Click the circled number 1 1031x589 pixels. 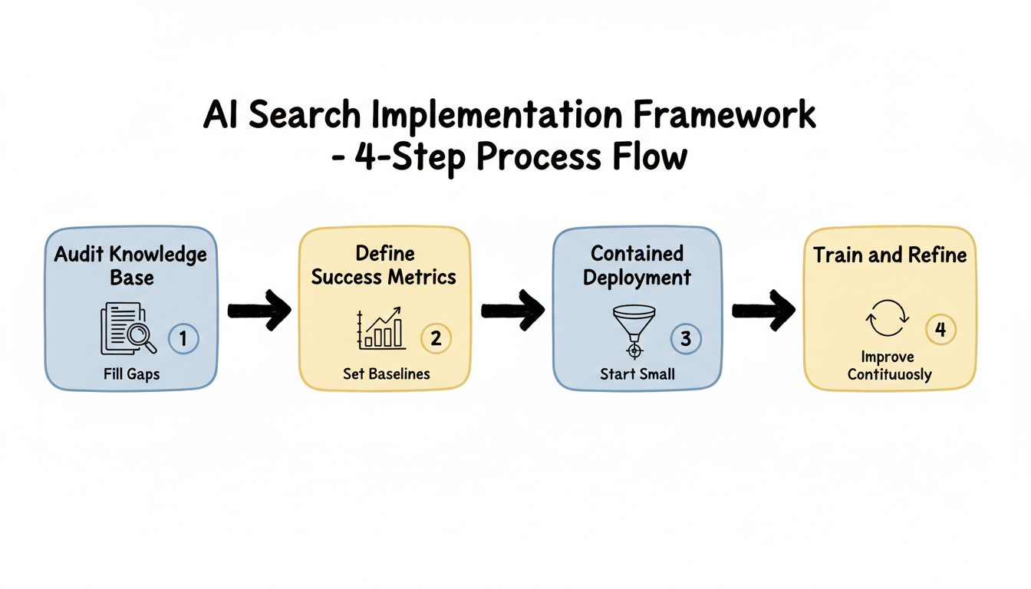point(183,338)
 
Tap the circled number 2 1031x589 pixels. point(436,338)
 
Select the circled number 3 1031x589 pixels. point(686,338)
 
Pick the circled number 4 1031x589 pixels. point(940,330)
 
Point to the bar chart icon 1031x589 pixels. point(380,328)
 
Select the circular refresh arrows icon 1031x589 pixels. point(887,318)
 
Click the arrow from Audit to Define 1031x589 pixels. point(259,310)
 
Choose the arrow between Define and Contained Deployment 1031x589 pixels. point(512,310)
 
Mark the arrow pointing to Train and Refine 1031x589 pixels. point(763,310)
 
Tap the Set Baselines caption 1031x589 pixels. point(386,374)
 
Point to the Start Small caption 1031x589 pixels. point(637,374)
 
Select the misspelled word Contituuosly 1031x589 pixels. point(890,375)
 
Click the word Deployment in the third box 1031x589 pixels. point(637,277)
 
